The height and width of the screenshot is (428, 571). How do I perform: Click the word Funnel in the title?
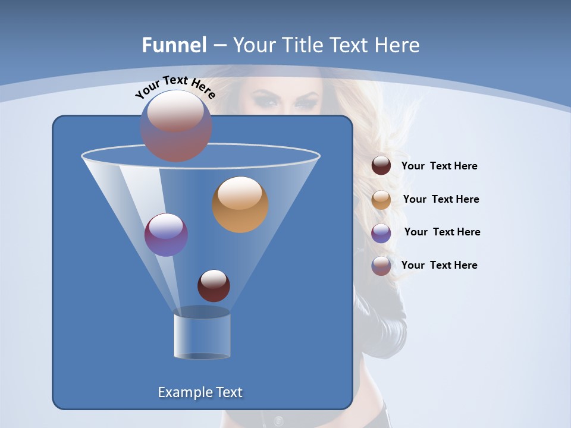pos(174,45)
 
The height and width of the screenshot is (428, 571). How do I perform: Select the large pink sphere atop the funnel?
pos(176,125)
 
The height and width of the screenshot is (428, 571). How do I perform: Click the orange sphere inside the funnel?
pos(240,204)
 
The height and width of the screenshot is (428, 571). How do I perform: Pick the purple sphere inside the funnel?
pos(166,234)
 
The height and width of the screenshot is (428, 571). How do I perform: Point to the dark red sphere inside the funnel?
pos(214,285)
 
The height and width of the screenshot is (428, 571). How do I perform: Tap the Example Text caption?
pos(200,392)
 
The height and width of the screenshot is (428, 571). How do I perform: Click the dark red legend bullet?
pos(381,166)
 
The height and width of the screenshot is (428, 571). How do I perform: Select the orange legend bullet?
pos(381,200)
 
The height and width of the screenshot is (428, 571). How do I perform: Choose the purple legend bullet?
pos(381,233)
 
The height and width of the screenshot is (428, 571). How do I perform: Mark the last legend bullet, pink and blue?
pos(381,266)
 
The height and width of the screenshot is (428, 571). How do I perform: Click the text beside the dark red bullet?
pos(439,166)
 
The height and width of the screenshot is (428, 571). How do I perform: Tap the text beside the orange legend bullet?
pos(441,200)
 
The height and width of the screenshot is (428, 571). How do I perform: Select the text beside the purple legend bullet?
pos(442,232)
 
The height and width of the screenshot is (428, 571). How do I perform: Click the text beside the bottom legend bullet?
pos(439,266)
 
